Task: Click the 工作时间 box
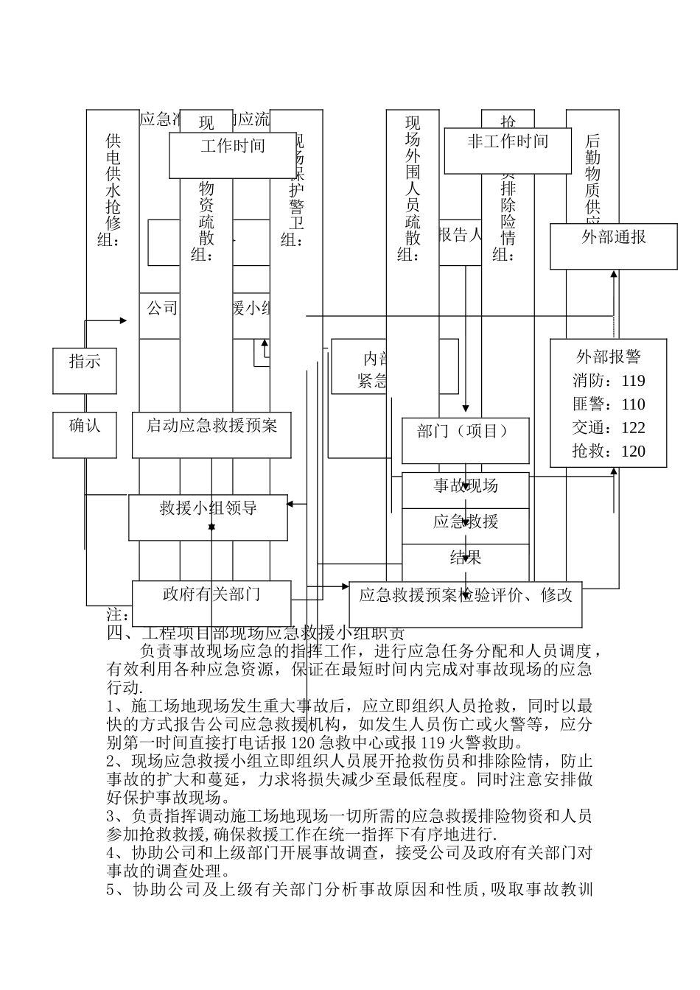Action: click(233, 155)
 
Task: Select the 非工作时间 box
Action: click(508, 150)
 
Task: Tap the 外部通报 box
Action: click(614, 246)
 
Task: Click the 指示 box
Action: click(85, 371)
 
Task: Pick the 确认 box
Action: click(85, 435)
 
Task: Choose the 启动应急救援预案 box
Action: click(211, 435)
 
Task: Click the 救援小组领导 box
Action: click(209, 517)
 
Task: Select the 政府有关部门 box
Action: click(211, 603)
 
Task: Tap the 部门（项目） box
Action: click(465, 440)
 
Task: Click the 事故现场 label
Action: click(466, 486)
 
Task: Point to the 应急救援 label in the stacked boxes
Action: click(466, 522)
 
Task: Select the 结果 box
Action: click(466, 558)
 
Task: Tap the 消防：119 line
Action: click(609, 381)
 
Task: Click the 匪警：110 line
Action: click(609, 404)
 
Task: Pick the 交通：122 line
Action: click(609, 428)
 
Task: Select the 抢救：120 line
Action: click(609, 452)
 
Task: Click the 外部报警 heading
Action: click(609, 357)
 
